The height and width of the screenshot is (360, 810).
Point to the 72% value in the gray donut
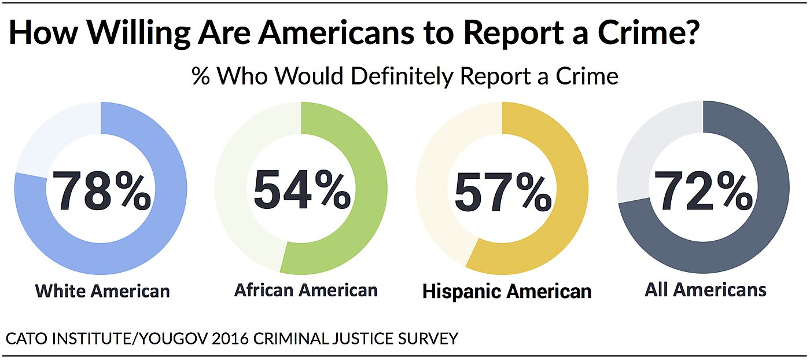[704, 190]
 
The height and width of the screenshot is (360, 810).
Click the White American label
[102, 290]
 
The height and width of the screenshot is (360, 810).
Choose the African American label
[305, 289]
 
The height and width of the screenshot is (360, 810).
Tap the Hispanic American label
[507, 291]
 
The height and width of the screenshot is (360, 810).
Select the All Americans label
[705, 289]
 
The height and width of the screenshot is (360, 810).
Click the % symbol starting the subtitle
[201, 76]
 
